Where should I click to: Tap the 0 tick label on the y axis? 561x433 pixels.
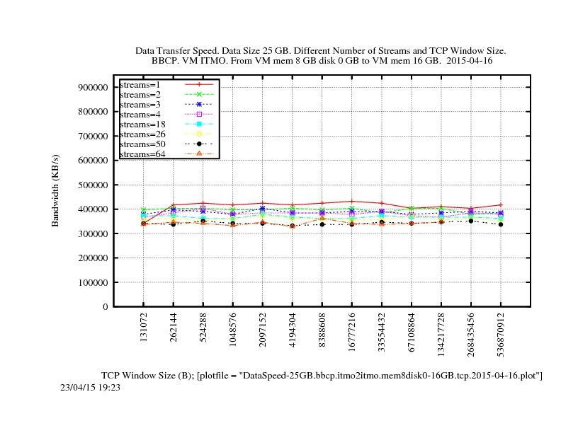(x=106, y=307)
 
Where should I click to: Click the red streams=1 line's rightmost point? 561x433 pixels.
(x=501, y=204)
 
